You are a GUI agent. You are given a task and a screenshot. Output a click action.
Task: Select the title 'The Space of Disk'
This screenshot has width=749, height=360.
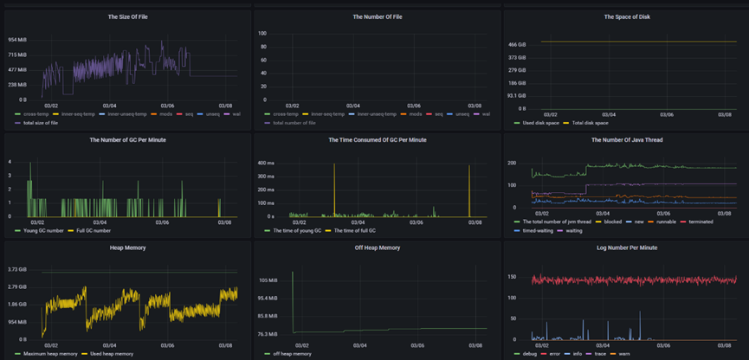[624, 16]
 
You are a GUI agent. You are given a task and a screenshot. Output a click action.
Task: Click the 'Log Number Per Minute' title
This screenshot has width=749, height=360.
[624, 247]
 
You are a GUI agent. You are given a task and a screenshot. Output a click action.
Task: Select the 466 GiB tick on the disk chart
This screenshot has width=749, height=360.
[517, 44]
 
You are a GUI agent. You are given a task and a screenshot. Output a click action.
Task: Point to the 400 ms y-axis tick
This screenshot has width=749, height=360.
[265, 162]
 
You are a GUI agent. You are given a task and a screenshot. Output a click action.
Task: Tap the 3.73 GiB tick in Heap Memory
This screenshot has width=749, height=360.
[18, 270]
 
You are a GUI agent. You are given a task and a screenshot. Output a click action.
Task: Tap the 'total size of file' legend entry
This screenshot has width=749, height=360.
[38, 123]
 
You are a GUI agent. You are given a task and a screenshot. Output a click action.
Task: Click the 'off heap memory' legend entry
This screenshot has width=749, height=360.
[292, 354]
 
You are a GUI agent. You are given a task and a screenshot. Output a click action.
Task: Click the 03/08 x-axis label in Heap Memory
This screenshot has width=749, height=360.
[224, 344]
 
